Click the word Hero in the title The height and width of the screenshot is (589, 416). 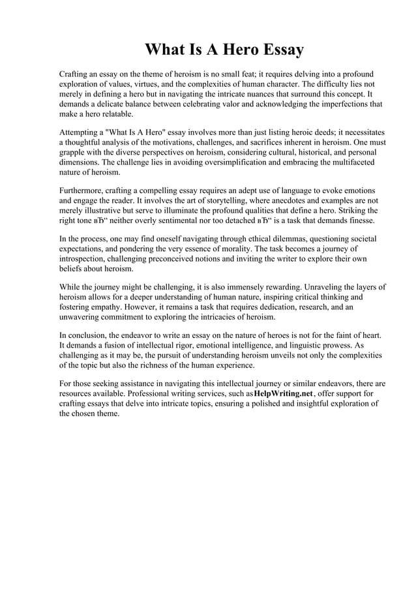[x=230, y=50]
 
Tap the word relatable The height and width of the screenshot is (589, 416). [x=112, y=114]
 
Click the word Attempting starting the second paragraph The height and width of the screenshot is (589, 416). [x=80, y=132]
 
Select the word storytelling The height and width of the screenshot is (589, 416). [x=234, y=201]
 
